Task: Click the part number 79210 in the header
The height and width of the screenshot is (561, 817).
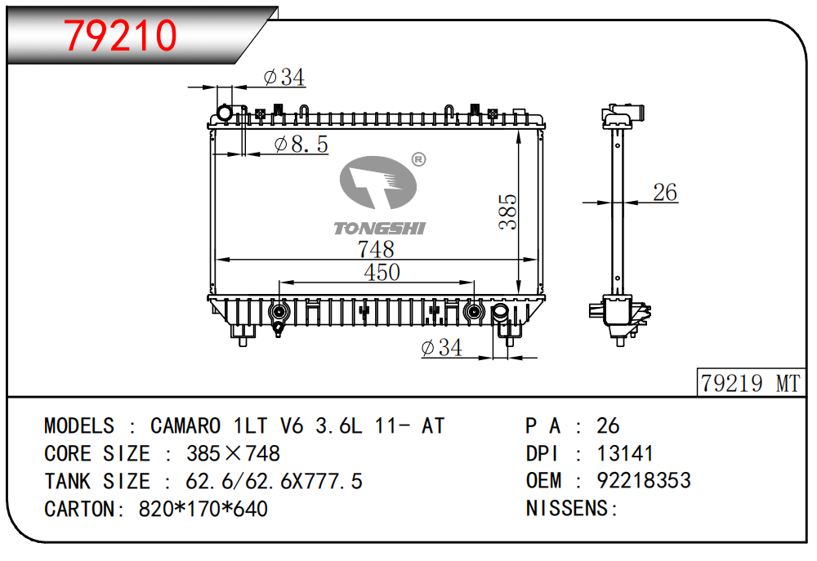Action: (121, 35)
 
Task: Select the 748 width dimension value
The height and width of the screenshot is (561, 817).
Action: (376, 248)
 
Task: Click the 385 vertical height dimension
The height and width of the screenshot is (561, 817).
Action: (507, 211)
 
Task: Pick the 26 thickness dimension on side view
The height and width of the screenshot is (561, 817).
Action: (665, 193)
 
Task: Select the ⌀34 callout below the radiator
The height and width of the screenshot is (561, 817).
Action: (441, 348)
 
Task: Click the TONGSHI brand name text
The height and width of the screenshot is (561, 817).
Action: (379, 229)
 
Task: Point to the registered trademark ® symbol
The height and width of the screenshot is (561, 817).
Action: (417, 159)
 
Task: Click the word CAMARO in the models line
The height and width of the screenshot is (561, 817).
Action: (185, 425)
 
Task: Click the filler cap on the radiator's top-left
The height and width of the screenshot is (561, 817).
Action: (223, 113)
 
